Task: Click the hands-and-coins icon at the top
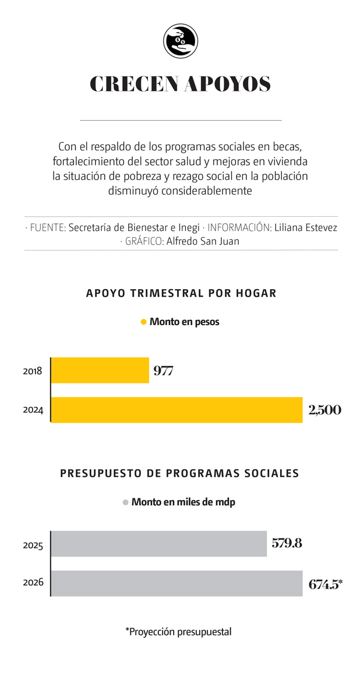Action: point(181,41)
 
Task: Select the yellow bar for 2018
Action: point(100,370)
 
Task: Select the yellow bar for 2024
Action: point(177,410)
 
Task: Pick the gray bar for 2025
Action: point(159,544)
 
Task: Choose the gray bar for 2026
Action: point(177,583)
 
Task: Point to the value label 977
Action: point(163,371)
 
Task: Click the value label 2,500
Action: point(324,410)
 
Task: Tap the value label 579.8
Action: point(287,544)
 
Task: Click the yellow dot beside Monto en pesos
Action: point(143,322)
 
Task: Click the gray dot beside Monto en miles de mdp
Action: point(125,502)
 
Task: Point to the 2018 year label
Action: point(33,371)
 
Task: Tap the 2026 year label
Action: point(33,582)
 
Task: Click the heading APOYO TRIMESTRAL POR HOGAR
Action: point(181,293)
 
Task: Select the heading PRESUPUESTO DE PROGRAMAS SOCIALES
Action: point(179,473)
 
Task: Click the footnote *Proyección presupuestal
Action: point(178,631)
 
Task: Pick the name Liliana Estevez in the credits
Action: point(305,227)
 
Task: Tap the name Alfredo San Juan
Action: point(203,241)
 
